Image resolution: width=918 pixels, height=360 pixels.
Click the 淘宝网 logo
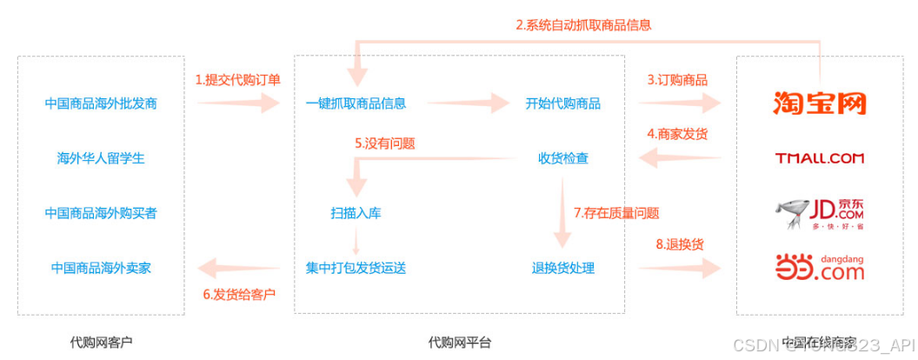point(820,103)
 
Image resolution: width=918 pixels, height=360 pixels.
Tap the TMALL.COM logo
point(820,158)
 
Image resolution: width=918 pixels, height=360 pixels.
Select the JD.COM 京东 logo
point(820,212)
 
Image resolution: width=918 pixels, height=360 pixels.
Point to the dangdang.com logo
point(820,266)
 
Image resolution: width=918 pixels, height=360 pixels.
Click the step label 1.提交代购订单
point(237,80)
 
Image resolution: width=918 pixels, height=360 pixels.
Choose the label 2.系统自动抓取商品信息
point(583,25)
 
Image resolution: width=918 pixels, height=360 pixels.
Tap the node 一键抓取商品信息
point(356,103)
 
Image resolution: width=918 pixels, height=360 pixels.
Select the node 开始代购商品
point(562,103)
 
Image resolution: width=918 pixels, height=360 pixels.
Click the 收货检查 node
point(562,158)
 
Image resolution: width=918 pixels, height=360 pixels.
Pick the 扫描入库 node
point(356,212)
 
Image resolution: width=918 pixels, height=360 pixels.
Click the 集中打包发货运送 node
point(356,267)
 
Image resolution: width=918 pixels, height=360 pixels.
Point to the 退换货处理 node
point(562,267)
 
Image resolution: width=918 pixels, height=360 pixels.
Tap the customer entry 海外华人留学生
point(101,158)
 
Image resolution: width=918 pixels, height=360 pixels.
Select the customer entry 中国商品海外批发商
point(101,103)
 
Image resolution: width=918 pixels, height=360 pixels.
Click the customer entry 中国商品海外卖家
point(101,267)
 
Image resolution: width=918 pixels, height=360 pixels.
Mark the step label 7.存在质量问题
point(615,212)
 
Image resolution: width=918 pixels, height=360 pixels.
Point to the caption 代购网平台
point(459,342)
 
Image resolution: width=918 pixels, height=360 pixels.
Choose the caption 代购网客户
point(101,342)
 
